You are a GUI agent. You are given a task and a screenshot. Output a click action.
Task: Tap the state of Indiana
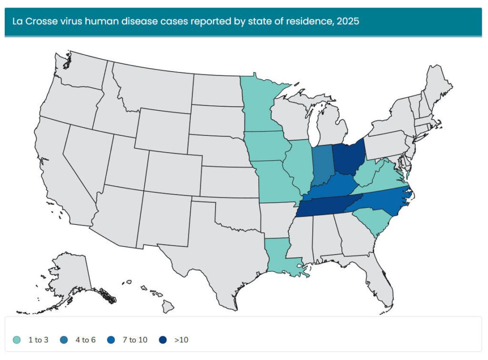(322, 165)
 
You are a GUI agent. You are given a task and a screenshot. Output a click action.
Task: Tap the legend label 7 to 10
(135, 340)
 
